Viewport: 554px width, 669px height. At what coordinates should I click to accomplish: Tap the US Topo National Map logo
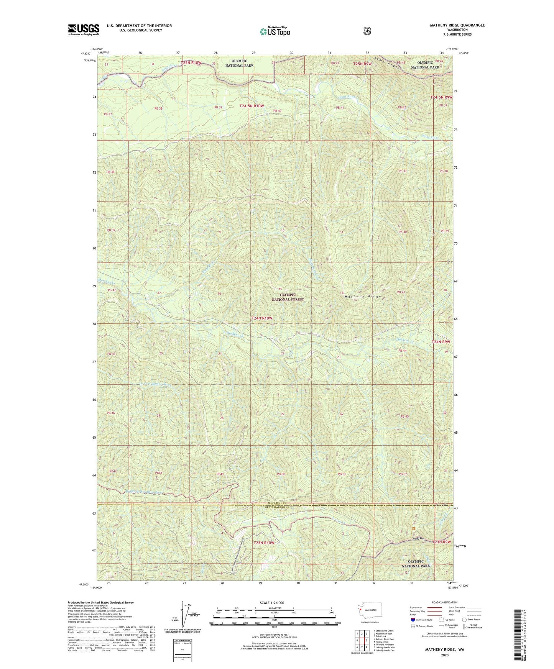(275, 31)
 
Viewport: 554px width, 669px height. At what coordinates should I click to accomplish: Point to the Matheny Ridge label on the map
(363, 297)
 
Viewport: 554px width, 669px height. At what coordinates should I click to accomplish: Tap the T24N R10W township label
(262, 318)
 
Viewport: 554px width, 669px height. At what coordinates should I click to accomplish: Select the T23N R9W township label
(441, 542)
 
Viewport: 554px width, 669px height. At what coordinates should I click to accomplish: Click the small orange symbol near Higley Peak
(413, 529)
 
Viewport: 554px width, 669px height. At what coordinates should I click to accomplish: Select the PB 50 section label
(281, 474)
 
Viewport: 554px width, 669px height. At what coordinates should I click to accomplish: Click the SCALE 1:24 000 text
(272, 603)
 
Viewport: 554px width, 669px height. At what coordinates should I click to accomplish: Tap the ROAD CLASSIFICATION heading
(444, 602)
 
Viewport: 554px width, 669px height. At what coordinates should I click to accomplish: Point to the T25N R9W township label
(364, 63)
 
